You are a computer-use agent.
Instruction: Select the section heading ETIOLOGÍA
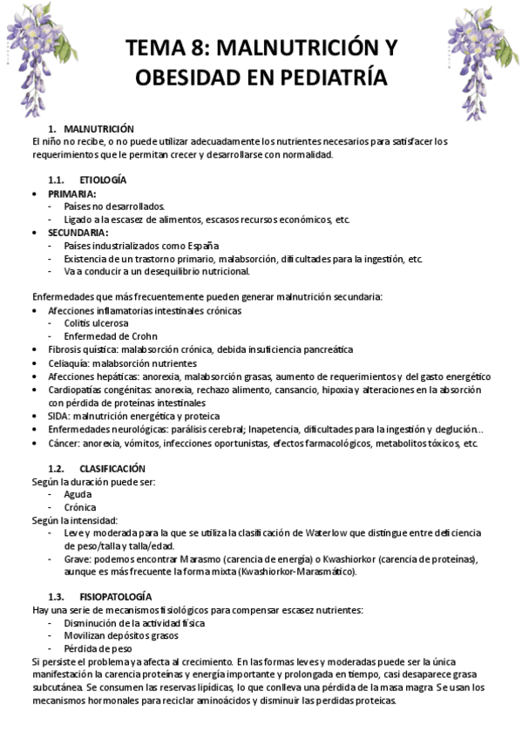tap(109, 180)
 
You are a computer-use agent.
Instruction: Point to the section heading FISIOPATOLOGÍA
tap(121, 596)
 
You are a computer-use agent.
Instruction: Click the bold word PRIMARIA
tap(71, 193)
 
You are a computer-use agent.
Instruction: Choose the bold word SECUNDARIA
tap(78, 233)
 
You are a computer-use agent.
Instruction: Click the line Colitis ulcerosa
tap(96, 322)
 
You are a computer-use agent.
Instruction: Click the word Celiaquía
tap(68, 363)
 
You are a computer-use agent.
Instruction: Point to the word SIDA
tap(58, 416)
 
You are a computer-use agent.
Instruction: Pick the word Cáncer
tap(63, 443)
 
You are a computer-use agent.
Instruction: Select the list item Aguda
tap(78, 494)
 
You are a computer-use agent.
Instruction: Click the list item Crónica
tap(80, 507)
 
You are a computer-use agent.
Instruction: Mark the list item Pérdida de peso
tap(97, 648)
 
